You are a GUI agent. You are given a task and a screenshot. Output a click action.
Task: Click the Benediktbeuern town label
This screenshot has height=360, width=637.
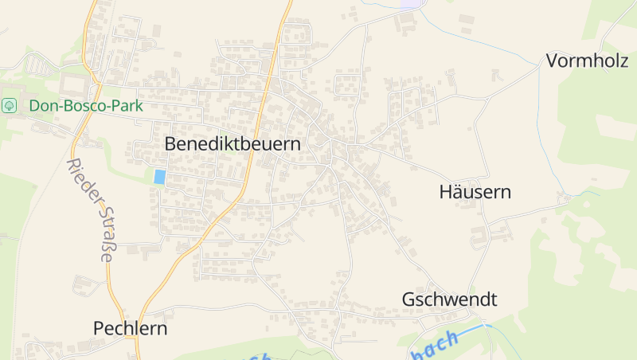point(233,144)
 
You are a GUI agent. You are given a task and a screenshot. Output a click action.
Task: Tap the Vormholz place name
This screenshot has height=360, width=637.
point(587,61)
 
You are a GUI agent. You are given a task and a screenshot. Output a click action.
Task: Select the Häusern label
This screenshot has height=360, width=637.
point(475,192)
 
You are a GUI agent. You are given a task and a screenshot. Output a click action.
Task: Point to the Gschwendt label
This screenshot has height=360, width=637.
point(449,300)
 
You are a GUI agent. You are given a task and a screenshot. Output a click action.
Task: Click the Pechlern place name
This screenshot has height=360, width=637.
point(131,328)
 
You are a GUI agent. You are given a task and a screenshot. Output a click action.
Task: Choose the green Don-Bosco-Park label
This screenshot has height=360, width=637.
point(86,105)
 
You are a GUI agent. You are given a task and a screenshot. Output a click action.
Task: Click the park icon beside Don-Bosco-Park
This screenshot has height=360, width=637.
point(10,105)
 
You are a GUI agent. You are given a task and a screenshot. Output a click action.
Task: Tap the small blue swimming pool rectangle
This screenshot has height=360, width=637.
point(159,177)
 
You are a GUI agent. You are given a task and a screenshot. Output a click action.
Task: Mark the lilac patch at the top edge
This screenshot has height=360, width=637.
point(410,4)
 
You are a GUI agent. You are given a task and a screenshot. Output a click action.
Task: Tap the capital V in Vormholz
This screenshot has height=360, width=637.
point(552,61)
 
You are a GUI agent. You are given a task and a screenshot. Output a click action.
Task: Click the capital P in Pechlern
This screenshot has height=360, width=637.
point(99,328)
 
